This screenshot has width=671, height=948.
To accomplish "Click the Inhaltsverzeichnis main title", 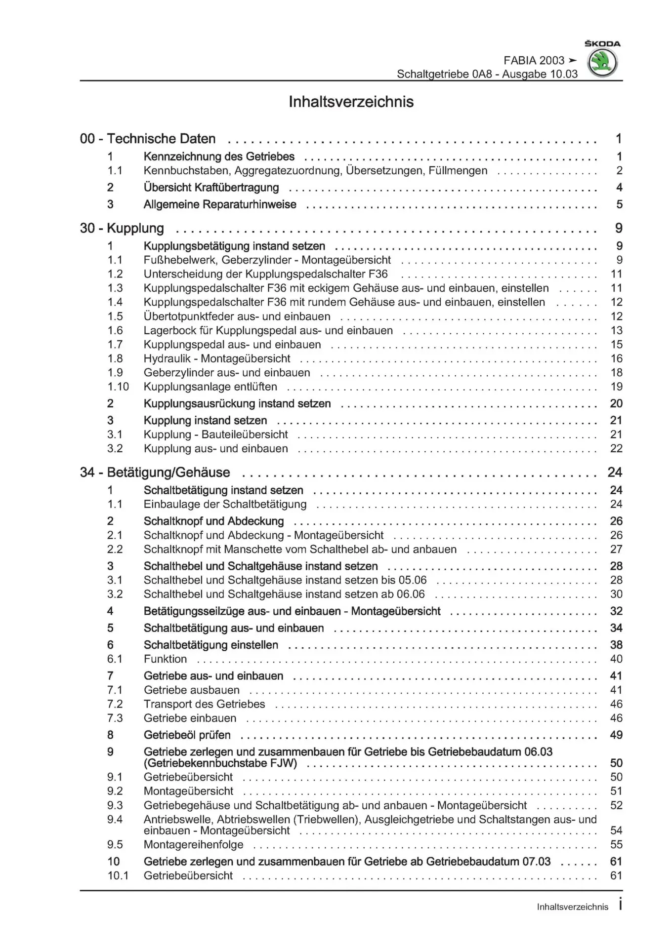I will [351, 102].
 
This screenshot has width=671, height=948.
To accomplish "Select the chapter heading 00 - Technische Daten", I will [148, 139].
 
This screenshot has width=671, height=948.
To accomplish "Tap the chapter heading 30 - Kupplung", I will [122, 228].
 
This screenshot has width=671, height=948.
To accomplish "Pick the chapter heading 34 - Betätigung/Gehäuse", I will [155, 473].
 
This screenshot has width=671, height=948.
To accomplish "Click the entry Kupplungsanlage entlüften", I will [210, 387].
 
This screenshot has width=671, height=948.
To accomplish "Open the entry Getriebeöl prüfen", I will [187, 735].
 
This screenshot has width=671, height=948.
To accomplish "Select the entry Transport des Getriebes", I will [204, 704].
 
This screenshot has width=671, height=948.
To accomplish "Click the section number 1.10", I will [118, 387].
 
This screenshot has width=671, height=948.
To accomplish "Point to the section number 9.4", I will [115, 820].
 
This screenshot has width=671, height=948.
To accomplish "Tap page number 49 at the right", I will [616, 735].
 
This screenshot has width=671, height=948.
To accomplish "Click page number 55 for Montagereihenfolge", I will [616, 844].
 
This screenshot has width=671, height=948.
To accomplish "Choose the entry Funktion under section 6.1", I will [165, 659].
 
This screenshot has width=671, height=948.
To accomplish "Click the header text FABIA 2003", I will [534, 60].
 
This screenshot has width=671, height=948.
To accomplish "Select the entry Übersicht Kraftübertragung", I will [211, 188].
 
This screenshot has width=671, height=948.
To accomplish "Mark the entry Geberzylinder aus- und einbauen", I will [227, 373].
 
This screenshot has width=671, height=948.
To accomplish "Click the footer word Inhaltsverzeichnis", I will [572, 907].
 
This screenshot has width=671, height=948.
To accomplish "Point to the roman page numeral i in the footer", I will [620, 905].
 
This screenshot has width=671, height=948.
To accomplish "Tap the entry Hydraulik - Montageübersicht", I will [217, 358].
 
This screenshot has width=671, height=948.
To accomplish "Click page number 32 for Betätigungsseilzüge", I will [616, 611].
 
